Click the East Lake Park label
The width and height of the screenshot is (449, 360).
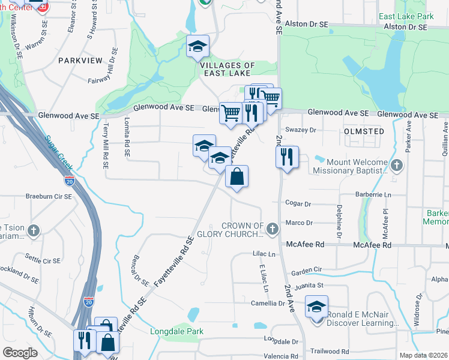coord(411,16)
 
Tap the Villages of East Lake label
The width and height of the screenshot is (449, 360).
coord(228,69)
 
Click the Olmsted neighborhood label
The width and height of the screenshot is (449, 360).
coord(364,131)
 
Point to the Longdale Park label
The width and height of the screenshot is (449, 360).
coord(176,331)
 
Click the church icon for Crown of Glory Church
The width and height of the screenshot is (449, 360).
coord(273,228)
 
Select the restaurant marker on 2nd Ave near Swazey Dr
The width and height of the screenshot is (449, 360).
coord(287,157)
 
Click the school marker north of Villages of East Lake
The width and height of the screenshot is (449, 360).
coord(197,46)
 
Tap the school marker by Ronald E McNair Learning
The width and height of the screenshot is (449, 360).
coord(316,307)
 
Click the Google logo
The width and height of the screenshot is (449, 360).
coord(20,353)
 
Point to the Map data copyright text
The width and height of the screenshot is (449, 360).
coord(423,355)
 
